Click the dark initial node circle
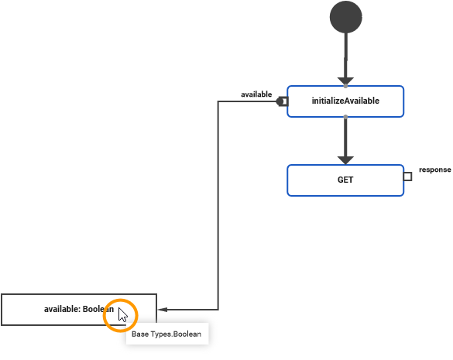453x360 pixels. click(345, 17)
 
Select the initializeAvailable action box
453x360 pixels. click(345, 101)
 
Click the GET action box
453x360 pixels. click(345, 180)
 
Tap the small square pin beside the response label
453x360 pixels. click(407, 177)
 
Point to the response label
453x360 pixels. click(434, 169)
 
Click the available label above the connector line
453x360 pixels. click(256, 94)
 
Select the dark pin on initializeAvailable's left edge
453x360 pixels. click(283, 101)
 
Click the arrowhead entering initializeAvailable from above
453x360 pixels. click(345, 81)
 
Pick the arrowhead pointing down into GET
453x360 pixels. click(345, 159)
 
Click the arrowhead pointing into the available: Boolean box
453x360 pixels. click(162, 310)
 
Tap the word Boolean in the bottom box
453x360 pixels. click(98, 310)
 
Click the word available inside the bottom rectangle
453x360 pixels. click(60, 310)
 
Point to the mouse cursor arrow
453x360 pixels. click(122, 314)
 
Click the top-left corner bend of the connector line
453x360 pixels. click(218, 101)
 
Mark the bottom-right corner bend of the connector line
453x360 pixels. click(218, 310)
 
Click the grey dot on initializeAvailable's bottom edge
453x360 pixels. click(345, 117)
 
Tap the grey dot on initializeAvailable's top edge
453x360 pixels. click(345, 85)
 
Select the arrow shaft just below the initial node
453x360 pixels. click(345, 54)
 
